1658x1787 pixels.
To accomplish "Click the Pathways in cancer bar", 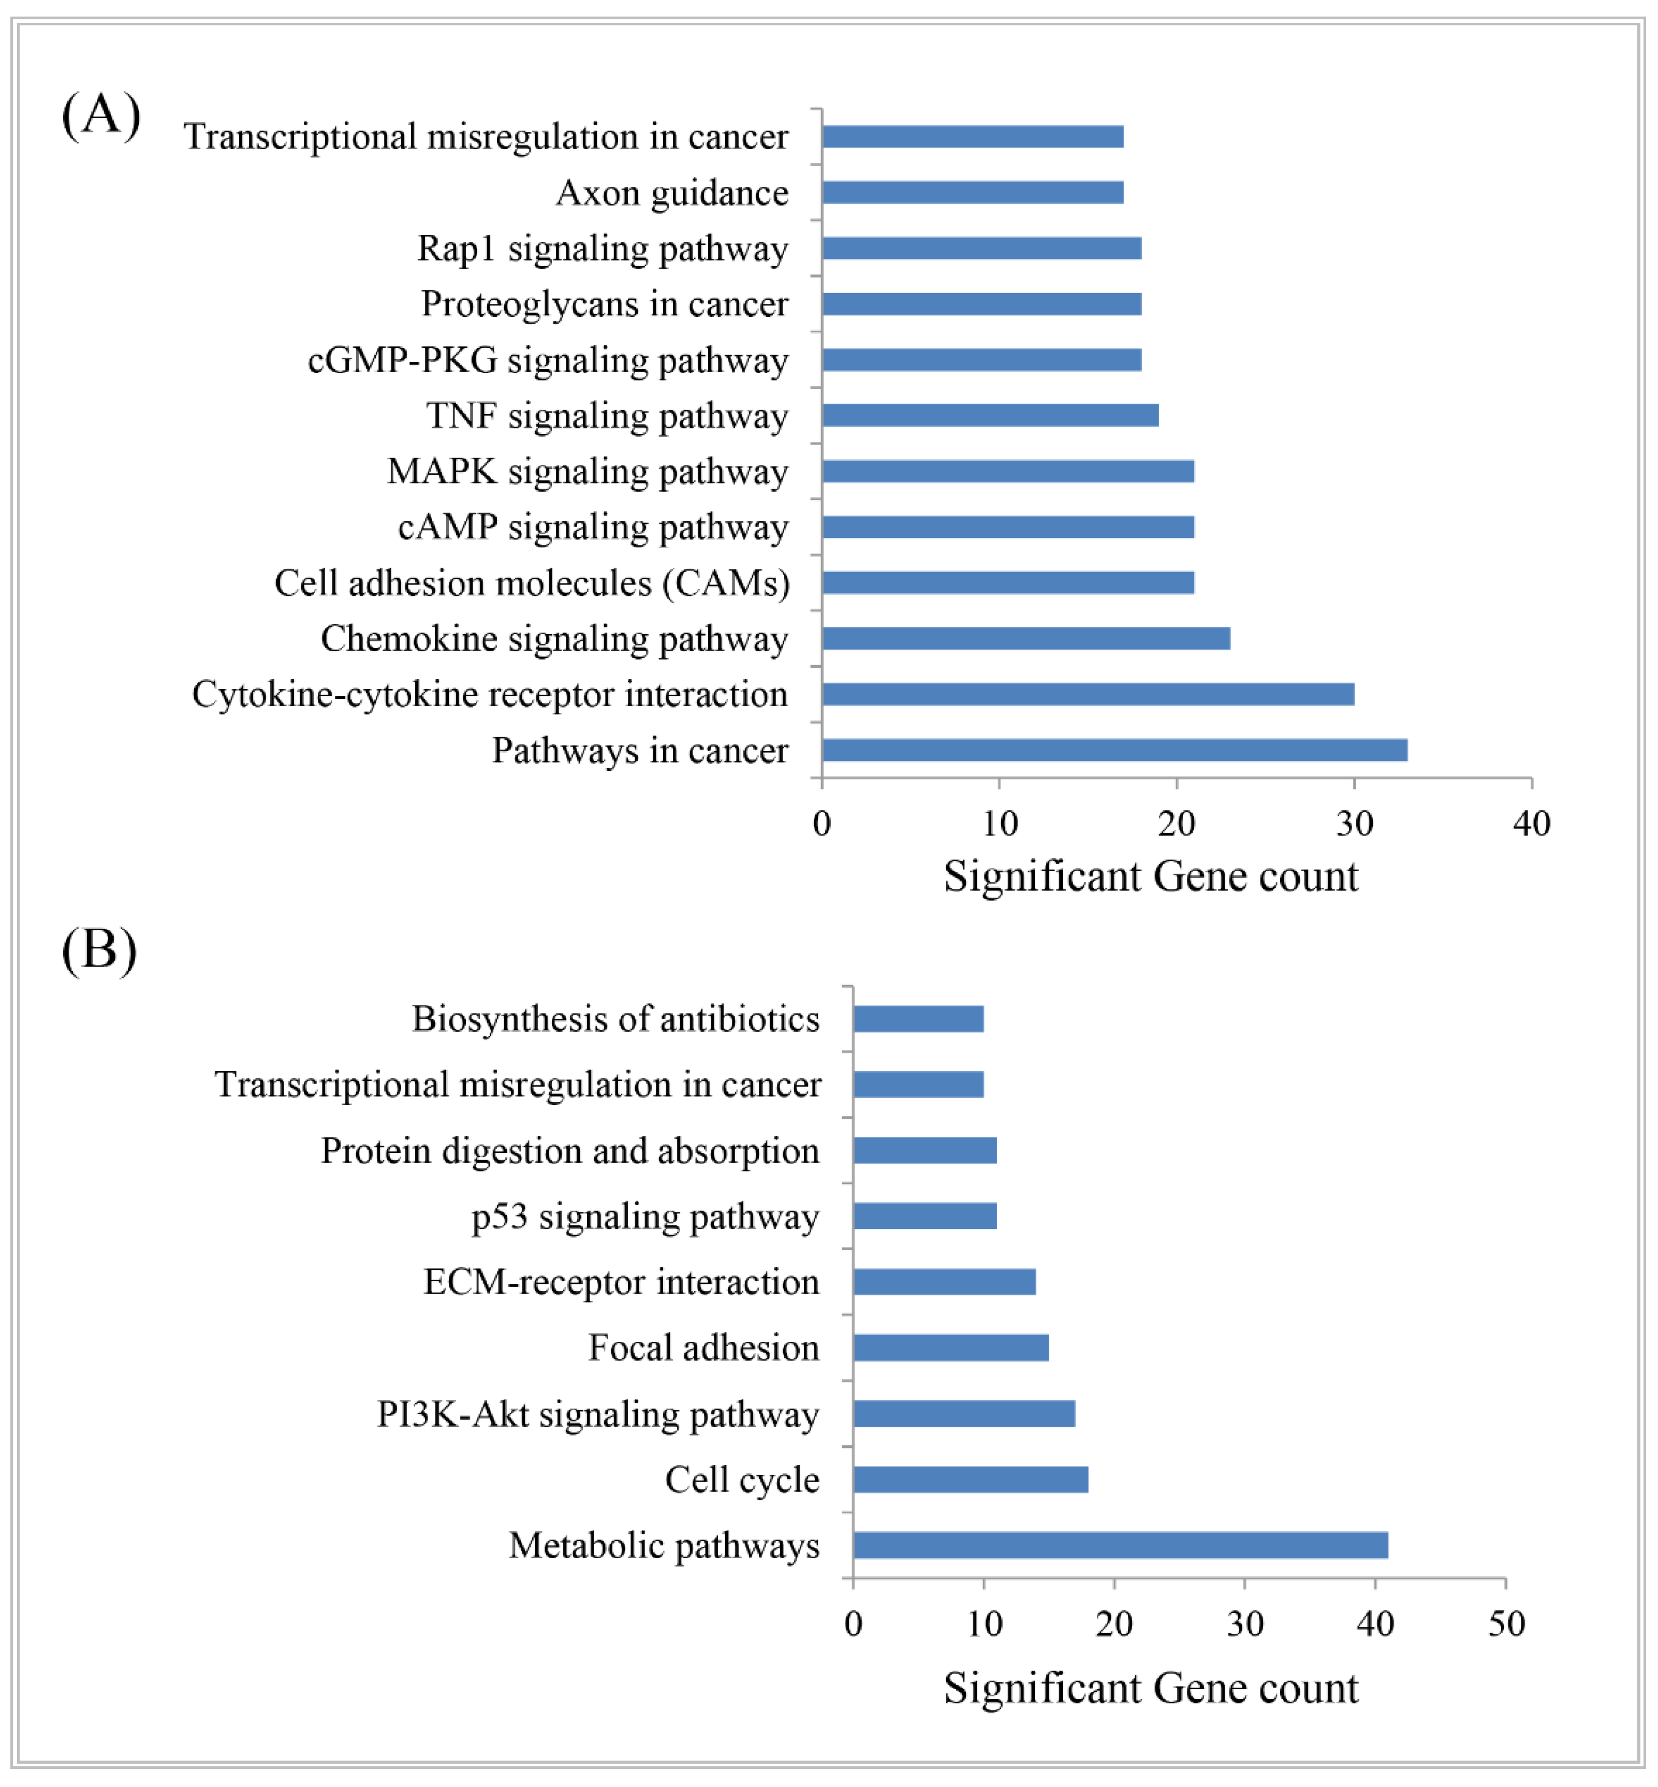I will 1114,750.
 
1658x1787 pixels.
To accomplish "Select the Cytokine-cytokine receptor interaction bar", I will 1088,694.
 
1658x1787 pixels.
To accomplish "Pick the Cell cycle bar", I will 971,1480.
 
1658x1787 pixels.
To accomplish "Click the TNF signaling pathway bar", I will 990,415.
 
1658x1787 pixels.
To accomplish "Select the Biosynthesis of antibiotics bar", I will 919,1019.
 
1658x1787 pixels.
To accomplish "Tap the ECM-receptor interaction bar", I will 945,1282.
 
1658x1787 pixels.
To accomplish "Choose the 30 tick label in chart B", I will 1245,1624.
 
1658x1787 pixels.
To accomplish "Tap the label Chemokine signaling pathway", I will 554,639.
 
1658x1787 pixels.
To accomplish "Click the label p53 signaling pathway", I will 645,1217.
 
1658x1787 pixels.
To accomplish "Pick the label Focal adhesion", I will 703,1347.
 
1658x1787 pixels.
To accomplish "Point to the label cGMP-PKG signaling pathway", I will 548,360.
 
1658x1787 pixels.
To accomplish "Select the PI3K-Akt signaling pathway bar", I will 964,1414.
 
